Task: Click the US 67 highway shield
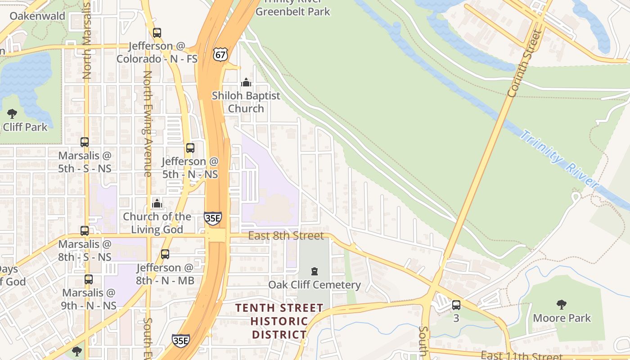click(220, 54)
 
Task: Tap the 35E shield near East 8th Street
click(212, 218)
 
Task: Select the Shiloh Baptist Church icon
click(246, 82)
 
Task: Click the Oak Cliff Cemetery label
click(314, 285)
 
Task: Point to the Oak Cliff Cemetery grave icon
click(314, 271)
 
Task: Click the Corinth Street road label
click(523, 63)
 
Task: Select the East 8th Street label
click(286, 236)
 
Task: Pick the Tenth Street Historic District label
click(279, 321)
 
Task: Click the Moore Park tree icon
click(561, 305)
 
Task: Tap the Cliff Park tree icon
click(12, 114)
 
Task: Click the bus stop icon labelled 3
click(456, 305)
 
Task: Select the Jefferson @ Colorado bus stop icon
click(157, 33)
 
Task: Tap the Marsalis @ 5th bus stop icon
click(85, 142)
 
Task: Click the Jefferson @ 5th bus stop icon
click(190, 148)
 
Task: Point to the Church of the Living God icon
click(157, 203)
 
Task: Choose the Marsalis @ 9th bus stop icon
click(89, 279)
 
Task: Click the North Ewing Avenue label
click(147, 124)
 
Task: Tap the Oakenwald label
click(37, 16)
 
